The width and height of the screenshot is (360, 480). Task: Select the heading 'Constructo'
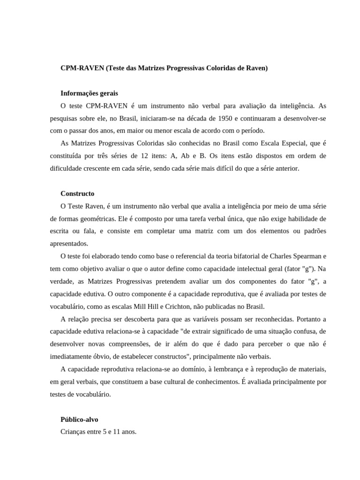point(77,193)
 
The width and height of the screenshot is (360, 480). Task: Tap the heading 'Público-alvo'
point(79,420)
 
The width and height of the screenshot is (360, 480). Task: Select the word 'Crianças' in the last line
point(74,432)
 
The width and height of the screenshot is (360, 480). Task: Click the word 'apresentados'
point(68,243)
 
